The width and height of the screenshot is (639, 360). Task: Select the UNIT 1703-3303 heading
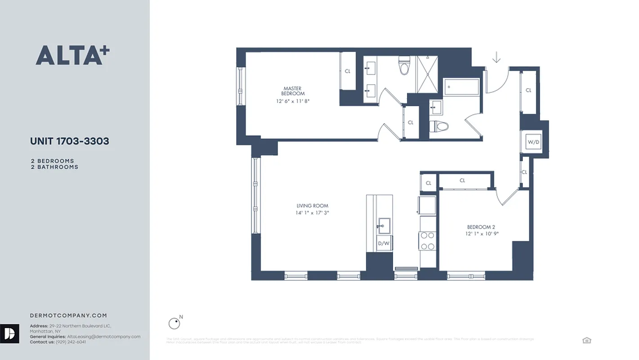tap(69, 141)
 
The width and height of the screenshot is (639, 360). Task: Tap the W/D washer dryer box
tap(533, 142)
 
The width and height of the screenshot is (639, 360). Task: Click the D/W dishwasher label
tap(383, 243)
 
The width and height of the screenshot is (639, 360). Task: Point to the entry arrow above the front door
tap(496, 58)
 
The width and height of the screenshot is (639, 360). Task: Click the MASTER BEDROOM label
tap(292, 91)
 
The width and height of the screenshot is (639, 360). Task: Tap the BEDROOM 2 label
tap(481, 227)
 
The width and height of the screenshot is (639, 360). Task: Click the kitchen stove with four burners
tap(427, 241)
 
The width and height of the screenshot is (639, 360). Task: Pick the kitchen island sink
tap(384, 225)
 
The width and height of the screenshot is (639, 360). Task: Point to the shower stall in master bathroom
tap(427, 74)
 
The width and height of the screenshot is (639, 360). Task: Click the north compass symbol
tap(174, 323)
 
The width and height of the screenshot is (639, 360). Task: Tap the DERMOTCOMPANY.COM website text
tap(68, 315)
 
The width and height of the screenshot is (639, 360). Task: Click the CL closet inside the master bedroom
tap(347, 71)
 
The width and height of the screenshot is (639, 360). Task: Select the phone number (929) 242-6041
tap(71, 342)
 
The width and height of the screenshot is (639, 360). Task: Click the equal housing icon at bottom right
tap(586, 340)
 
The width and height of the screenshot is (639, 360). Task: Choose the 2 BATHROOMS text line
tap(54, 167)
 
